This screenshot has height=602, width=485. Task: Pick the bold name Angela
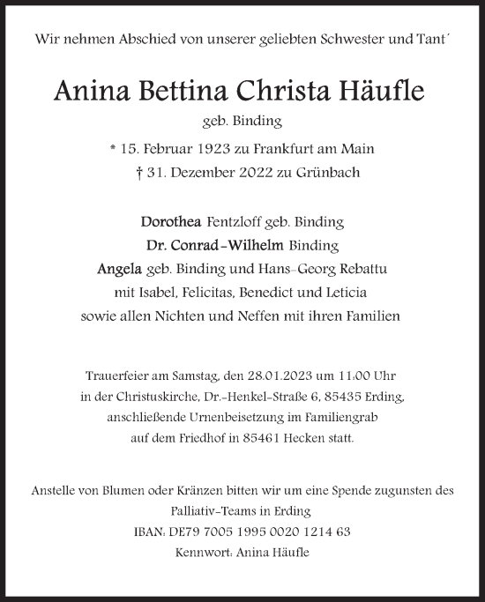click(x=141, y=268)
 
